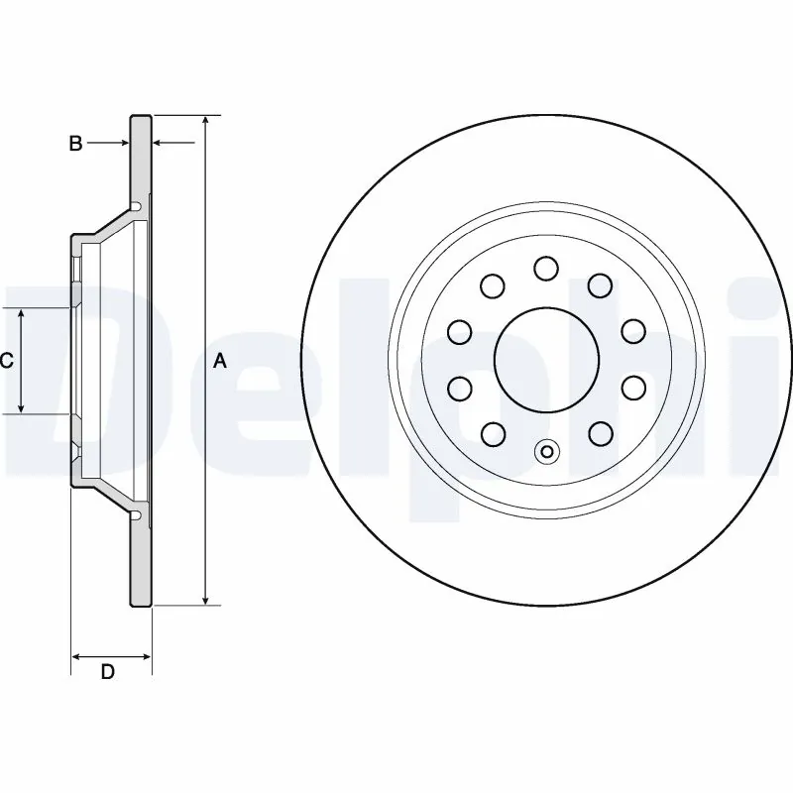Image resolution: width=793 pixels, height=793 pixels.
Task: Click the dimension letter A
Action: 220,362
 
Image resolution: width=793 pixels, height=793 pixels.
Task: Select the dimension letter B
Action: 75,144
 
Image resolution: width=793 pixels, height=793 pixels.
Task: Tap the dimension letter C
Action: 6,361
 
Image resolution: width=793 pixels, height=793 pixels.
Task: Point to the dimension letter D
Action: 108,672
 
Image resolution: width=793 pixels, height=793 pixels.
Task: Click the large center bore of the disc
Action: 546,358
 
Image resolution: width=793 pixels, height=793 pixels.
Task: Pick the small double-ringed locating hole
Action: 546,452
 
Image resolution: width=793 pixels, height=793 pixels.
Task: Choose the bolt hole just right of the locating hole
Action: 600,432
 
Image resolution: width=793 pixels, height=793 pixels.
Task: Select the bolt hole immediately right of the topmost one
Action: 600,284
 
